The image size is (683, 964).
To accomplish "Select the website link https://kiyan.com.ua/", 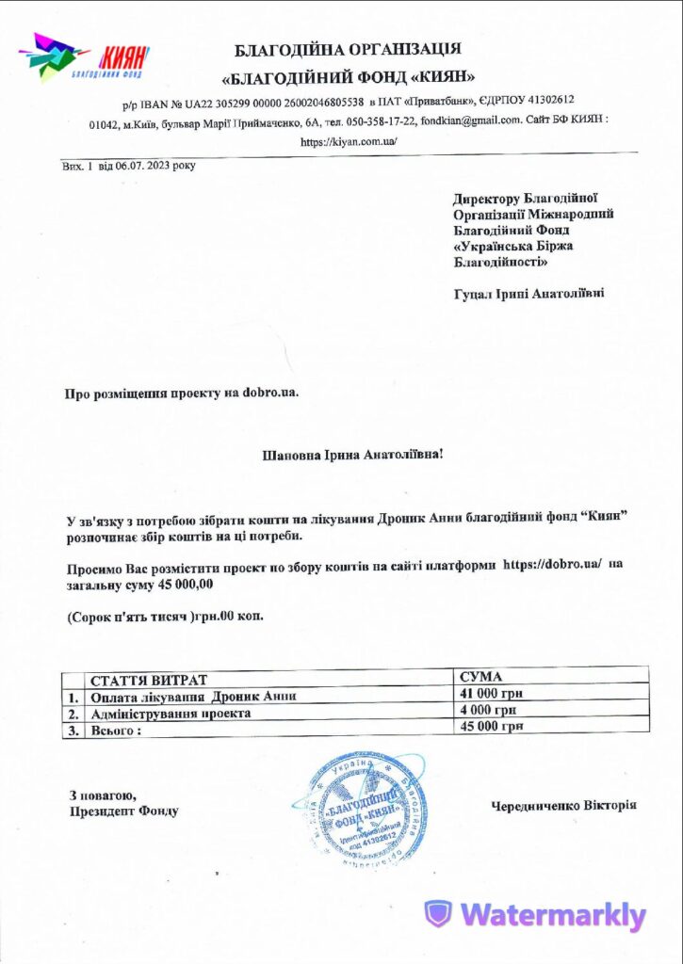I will pos(349,142).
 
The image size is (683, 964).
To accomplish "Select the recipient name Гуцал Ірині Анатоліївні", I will pos(529,294).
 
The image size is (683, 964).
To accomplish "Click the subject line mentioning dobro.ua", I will pos(182,393).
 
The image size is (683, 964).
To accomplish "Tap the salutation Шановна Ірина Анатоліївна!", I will pos(351,455).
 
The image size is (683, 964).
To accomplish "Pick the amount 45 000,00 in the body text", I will pos(187,585).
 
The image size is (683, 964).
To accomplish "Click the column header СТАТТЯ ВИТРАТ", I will pos(147,680).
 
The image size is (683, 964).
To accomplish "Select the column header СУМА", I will pos(480,677).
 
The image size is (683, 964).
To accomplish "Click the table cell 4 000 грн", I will pos(487,710).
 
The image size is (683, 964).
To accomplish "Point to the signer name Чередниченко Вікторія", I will pos(563,806).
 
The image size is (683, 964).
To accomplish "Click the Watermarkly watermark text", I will pos(535,915).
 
